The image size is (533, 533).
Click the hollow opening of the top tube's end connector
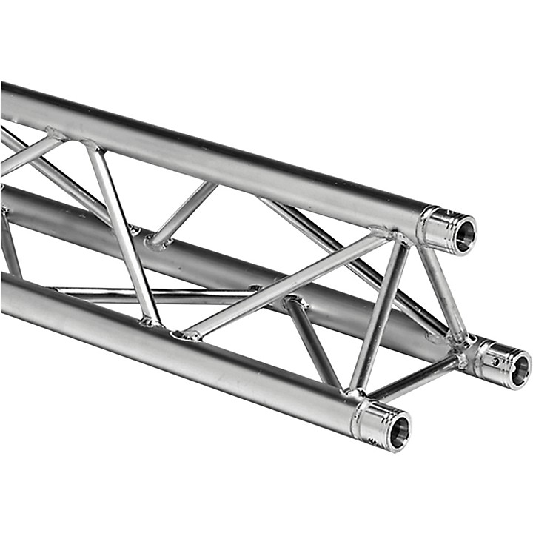(x=464, y=235)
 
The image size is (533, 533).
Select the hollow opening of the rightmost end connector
(x=520, y=368)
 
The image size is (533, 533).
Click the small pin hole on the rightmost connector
(x=497, y=362)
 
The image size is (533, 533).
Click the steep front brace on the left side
(x=122, y=233)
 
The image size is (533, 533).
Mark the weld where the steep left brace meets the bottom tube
(x=150, y=321)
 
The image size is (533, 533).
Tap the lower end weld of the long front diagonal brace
(x=185, y=335)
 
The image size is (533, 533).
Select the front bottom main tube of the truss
(x=185, y=348)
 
